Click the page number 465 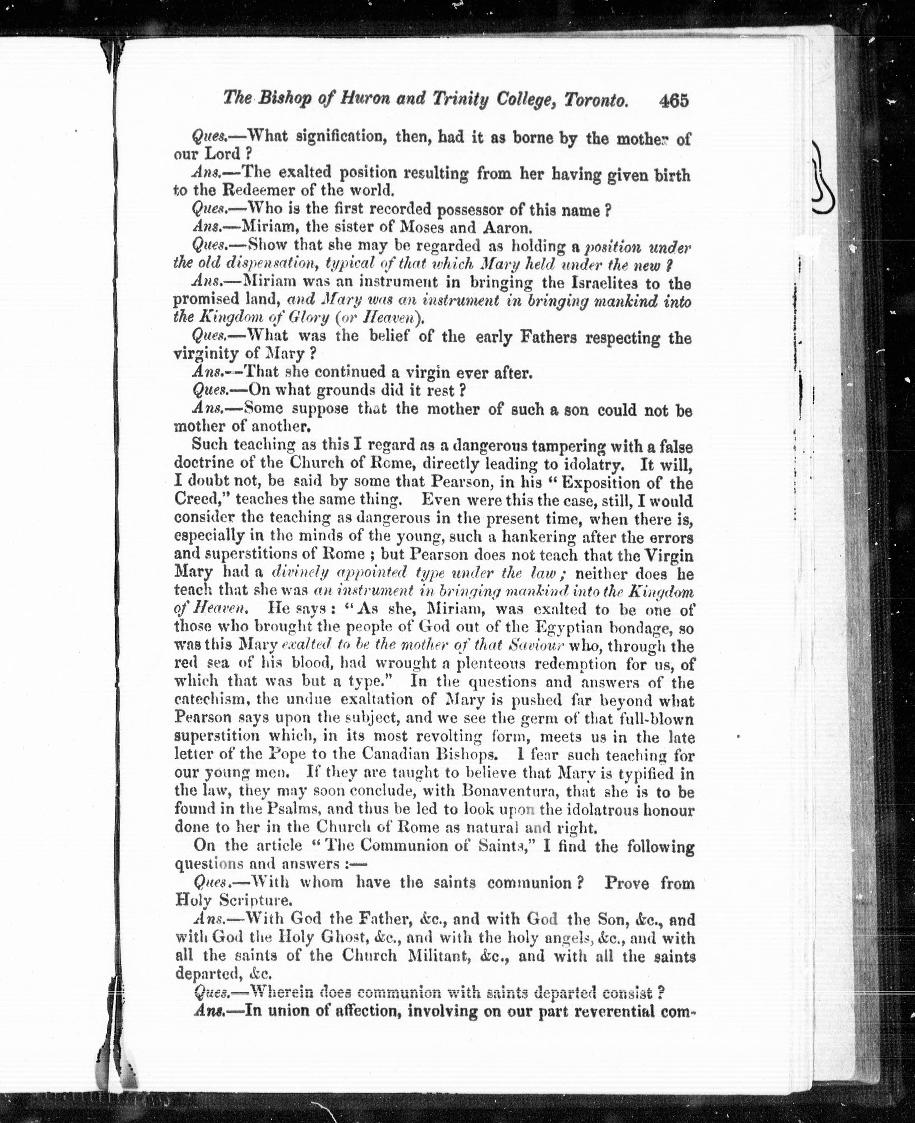pos(674,100)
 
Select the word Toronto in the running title pos(596,100)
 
